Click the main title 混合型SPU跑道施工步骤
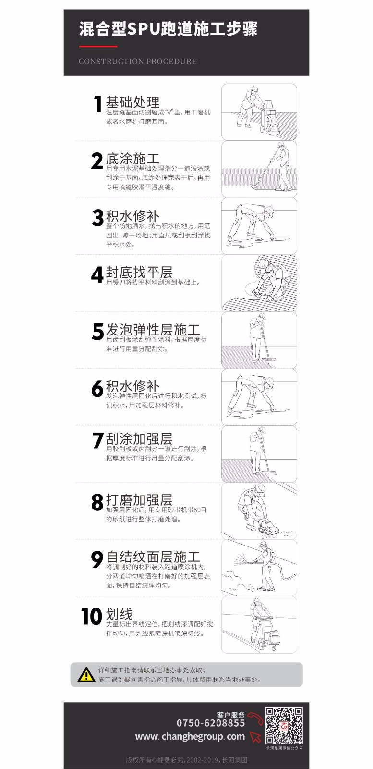tap(168, 29)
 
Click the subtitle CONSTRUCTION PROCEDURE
tap(137, 62)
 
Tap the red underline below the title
tap(98, 46)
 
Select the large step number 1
tap(98, 104)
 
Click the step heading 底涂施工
tap(132, 159)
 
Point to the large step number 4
tap(97, 274)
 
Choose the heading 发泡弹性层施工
tap(153, 329)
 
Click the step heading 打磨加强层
tap(139, 499)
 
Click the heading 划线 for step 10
tap(119, 613)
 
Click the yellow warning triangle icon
tap(86, 675)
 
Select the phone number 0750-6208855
tap(210, 723)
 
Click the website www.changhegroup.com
tap(190, 736)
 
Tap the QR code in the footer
tap(284, 726)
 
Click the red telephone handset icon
tap(255, 718)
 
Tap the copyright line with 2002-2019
tap(186, 760)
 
